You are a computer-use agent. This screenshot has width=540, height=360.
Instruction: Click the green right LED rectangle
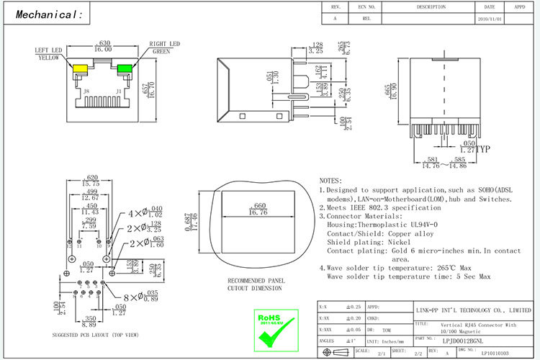(x=125, y=70)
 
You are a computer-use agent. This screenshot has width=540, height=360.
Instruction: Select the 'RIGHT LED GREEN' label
(x=163, y=48)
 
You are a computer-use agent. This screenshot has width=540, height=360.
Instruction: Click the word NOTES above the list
(x=330, y=180)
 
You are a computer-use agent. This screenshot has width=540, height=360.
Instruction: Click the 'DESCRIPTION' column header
(x=431, y=6)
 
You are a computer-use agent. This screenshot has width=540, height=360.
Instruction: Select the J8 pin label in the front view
(x=86, y=91)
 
